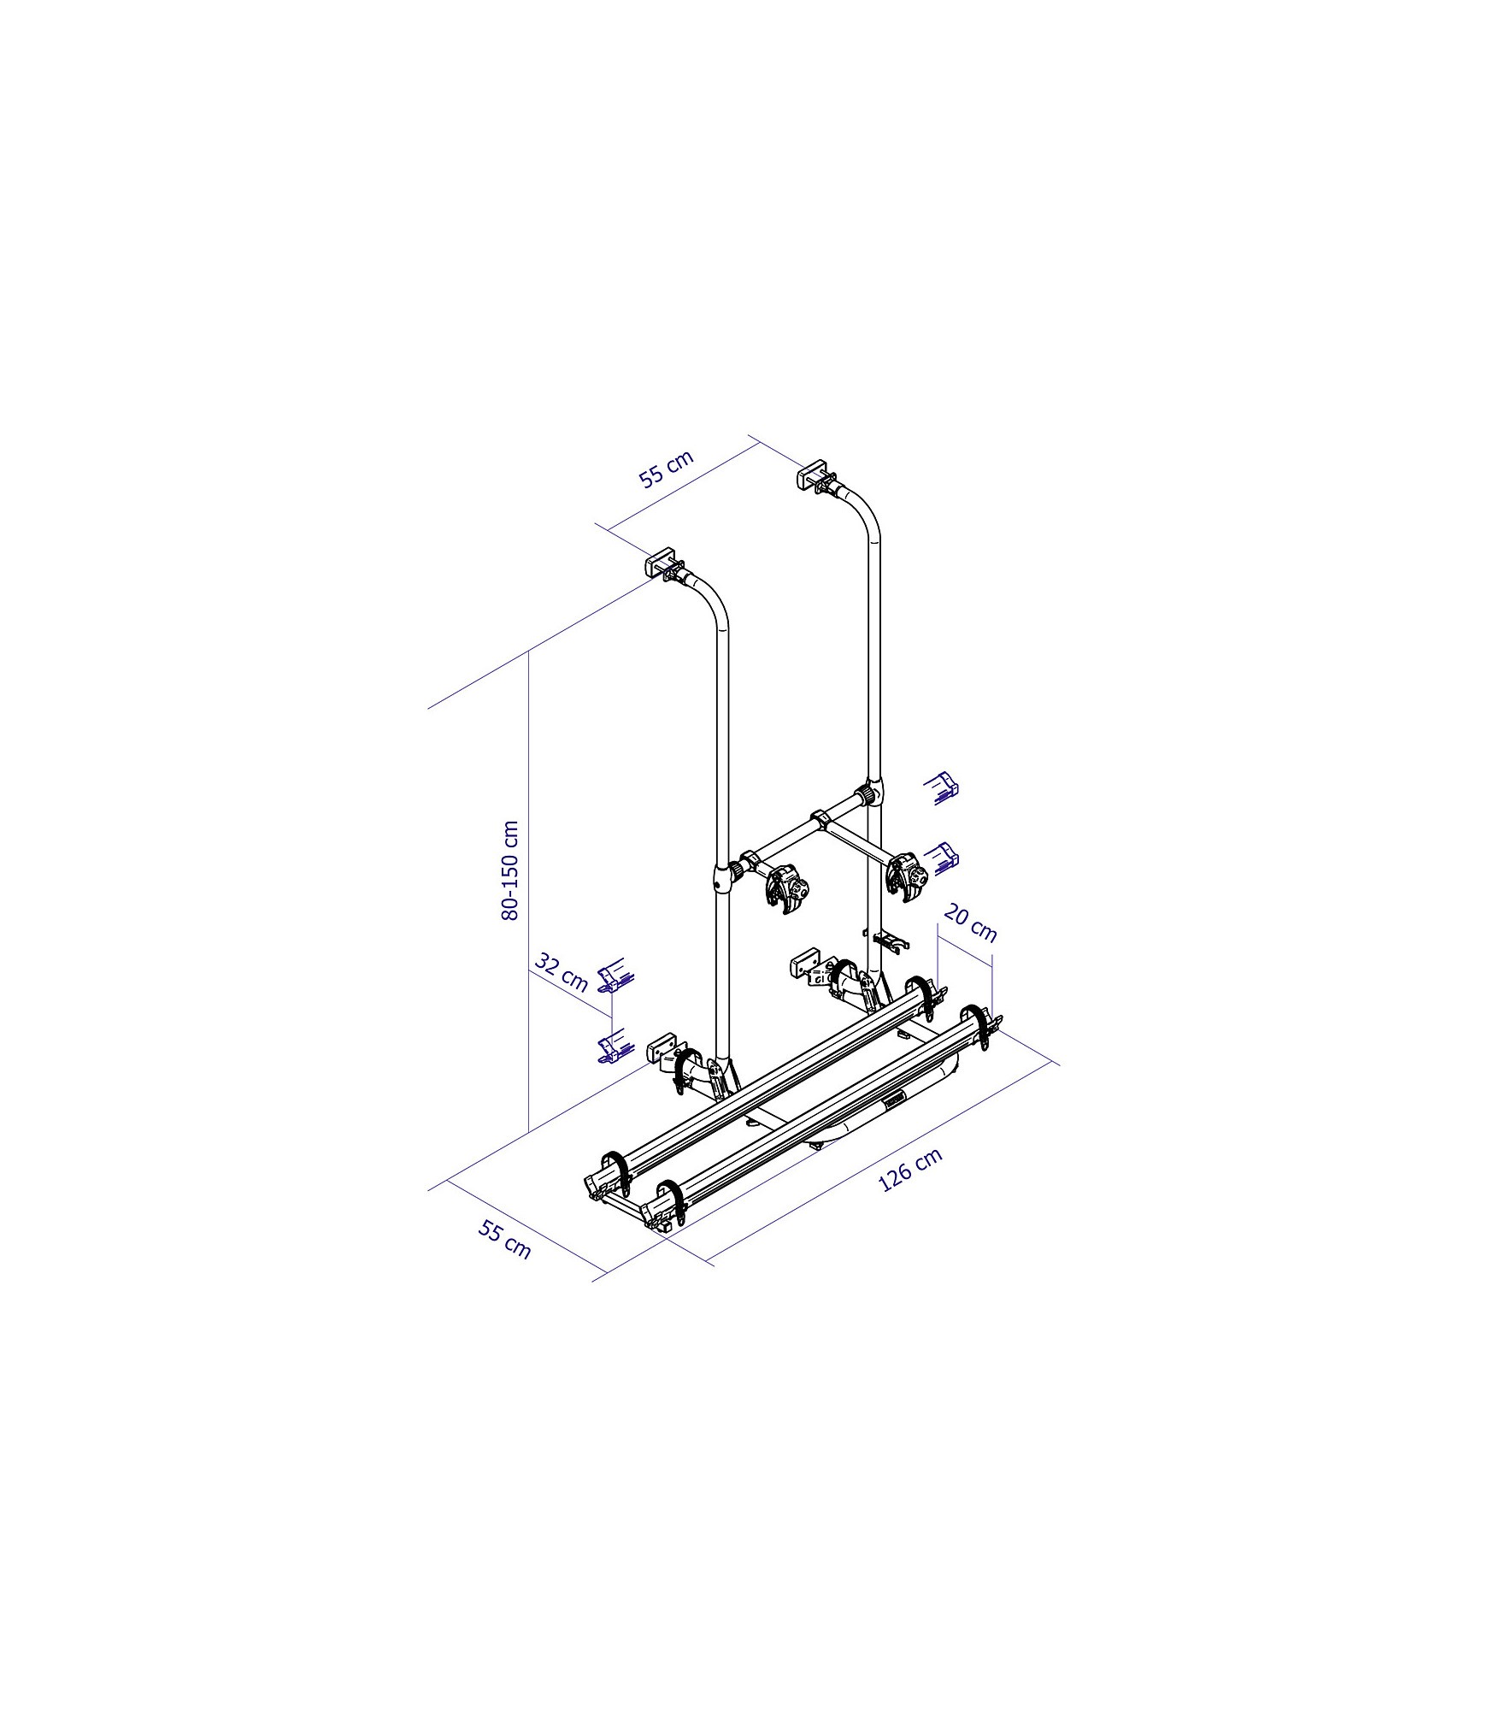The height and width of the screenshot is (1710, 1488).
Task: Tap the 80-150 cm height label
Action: pyautogui.click(x=510, y=870)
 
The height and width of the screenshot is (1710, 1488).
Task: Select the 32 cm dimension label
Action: pyautogui.click(x=561, y=971)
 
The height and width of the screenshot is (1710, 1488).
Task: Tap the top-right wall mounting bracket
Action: pyautogui.click(x=818, y=476)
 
